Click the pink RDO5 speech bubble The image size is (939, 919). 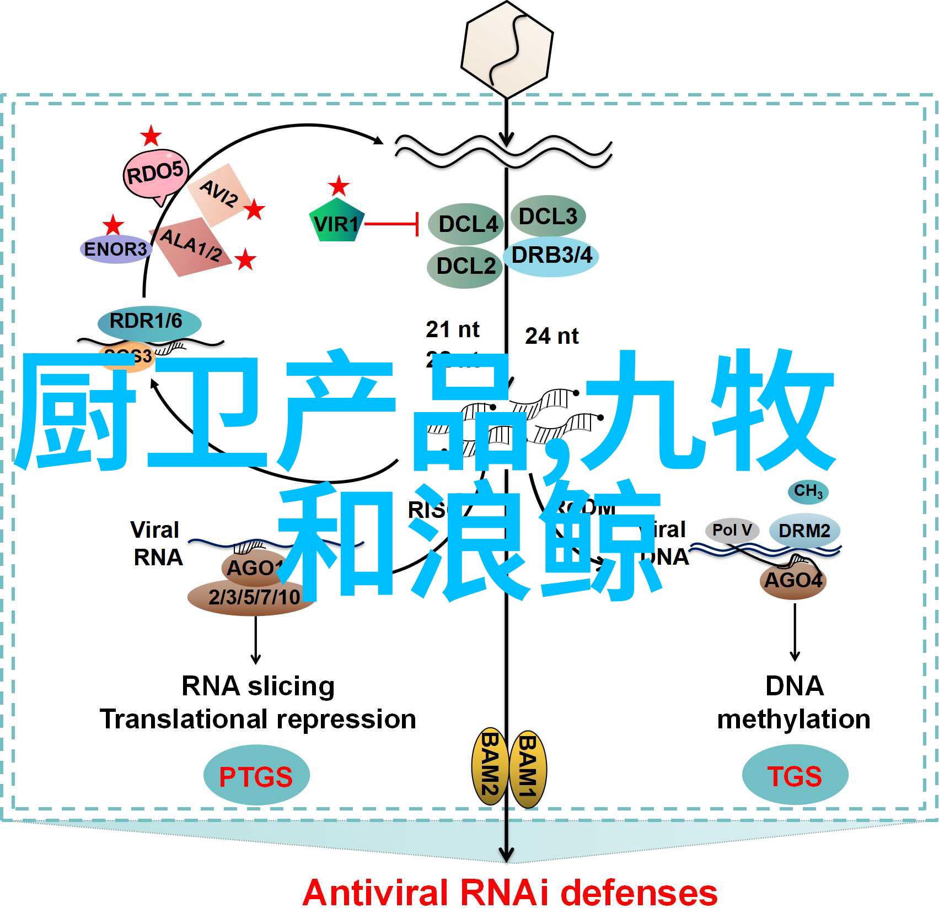pos(155,174)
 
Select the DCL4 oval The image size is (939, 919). pos(466,224)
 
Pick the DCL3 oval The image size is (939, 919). pos(548,216)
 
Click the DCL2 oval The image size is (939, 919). pos(465,267)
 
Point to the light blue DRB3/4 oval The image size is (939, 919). pos(551,256)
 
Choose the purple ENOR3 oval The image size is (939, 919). pos(115,249)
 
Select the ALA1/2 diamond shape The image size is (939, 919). pos(190,246)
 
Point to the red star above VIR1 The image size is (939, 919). pos(339,187)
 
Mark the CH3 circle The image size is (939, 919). pos(808,491)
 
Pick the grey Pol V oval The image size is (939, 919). pos(732,530)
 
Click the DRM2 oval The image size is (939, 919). pos(804,531)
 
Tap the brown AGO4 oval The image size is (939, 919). pos(793,580)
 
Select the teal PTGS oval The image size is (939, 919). pos(256,776)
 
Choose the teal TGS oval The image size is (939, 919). pos(795,775)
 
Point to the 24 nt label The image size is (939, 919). pos(551,336)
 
